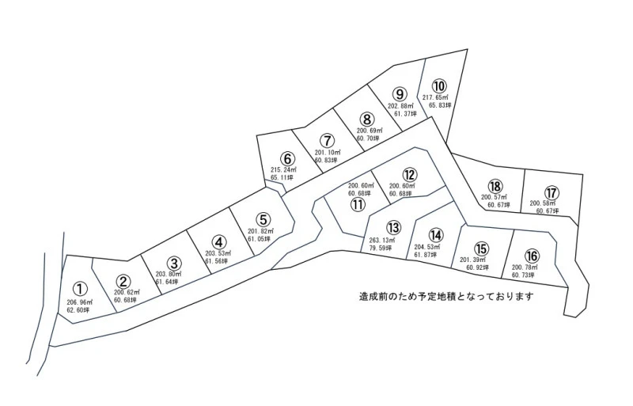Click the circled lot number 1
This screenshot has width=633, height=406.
click(80, 290)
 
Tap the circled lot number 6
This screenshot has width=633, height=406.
click(287, 158)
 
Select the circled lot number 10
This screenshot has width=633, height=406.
click(439, 85)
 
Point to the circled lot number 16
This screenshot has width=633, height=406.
click(532, 256)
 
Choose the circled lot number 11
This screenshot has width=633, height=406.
click(358, 204)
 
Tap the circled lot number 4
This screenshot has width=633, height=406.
click(219, 242)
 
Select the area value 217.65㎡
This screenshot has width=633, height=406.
click(436, 97)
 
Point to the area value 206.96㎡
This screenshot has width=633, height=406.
click(80, 302)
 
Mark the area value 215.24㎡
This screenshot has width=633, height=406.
click(284, 170)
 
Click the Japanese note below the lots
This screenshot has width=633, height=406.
click(446, 298)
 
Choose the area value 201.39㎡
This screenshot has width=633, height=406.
click(475, 260)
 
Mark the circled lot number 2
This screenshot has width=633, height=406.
click(123, 280)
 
